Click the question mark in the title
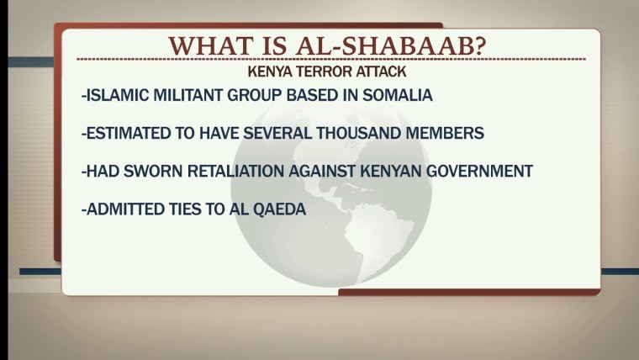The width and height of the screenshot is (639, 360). [480, 45]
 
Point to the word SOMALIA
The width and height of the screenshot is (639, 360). [398, 95]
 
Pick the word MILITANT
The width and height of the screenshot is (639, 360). [187, 95]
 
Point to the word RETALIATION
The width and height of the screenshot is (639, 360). [236, 172]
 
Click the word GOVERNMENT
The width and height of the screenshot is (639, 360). [479, 172]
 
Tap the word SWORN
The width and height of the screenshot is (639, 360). [153, 172]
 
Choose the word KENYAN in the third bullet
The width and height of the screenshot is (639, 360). [391, 172]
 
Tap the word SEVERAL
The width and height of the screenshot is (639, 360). [277, 134]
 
